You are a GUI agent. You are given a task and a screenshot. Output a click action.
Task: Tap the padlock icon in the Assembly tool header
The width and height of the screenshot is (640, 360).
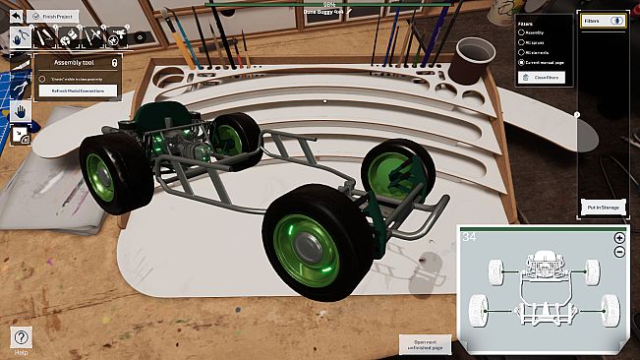[x=114, y=62]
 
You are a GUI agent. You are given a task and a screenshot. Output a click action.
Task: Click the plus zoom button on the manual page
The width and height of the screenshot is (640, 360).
[x=619, y=238]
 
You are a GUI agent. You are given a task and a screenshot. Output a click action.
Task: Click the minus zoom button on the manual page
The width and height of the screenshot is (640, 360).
[x=619, y=252]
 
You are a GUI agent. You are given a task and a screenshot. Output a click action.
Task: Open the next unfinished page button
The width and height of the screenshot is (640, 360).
[x=424, y=344]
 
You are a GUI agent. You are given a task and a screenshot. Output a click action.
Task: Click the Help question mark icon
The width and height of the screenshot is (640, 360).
[x=21, y=337]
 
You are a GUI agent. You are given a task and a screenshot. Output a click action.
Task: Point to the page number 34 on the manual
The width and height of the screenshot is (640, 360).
[x=470, y=237]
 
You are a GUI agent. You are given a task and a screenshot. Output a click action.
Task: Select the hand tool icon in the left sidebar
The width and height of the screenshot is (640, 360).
[x=20, y=110]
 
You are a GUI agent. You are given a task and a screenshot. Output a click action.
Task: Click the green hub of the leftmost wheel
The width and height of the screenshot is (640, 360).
[x=101, y=168]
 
